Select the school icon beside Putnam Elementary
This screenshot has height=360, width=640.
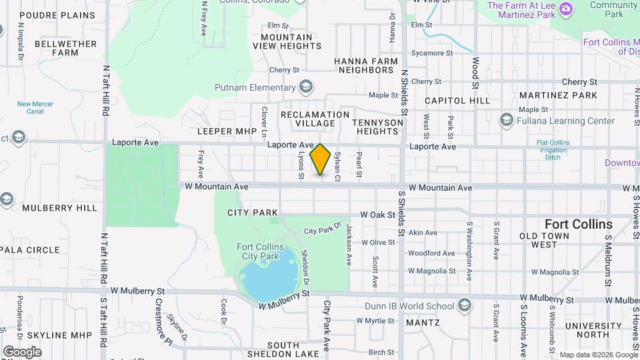tap(305, 87)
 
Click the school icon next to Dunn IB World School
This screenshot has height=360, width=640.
tap(464, 306)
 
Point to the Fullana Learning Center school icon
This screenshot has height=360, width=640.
tap(506, 121)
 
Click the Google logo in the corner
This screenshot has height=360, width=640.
tap(22, 351)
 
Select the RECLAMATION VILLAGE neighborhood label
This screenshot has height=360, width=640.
tap(315, 119)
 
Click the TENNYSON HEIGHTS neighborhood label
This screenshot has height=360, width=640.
tap(378, 127)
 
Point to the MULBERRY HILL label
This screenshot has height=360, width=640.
tap(59, 208)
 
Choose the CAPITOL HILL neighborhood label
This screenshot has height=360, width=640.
tap(457, 101)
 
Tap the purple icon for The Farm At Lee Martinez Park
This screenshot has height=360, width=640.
tap(566, 8)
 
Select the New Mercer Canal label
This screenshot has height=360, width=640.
tap(35, 108)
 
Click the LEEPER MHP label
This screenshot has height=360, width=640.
tap(227, 131)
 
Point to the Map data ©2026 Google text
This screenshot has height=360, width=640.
tap(599, 355)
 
